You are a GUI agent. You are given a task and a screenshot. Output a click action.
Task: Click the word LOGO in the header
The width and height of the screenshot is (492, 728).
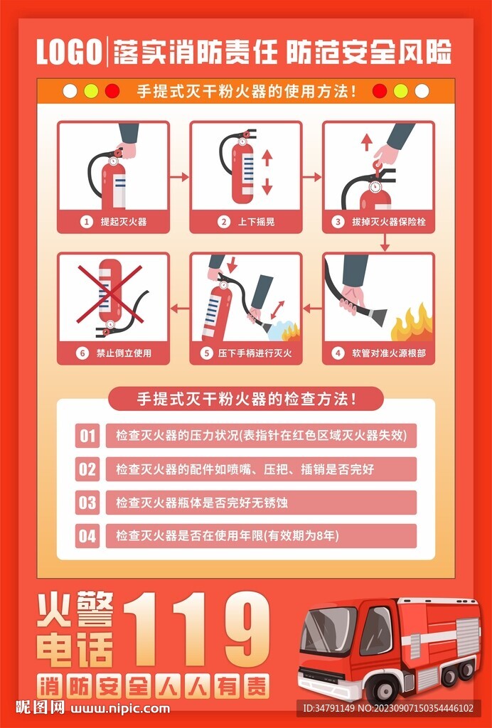68,53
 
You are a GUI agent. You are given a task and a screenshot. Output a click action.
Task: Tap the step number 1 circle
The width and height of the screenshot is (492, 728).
87,222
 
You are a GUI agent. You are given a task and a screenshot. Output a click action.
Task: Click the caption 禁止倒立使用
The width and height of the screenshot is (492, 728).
124,353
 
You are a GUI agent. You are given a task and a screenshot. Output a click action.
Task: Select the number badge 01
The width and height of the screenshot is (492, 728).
87,435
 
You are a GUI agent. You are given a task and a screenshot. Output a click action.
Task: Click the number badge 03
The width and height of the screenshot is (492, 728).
87,503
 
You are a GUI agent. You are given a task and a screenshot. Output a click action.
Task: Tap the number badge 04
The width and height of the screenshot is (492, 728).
87,536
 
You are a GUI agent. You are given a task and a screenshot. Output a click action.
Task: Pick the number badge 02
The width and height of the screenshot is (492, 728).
87,469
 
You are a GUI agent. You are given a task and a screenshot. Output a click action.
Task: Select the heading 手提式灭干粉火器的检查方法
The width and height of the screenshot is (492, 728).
246,399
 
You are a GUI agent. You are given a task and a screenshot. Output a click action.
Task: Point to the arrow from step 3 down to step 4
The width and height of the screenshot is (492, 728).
385,243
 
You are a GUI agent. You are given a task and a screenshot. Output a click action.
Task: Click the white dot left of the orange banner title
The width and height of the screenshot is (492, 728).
70,91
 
